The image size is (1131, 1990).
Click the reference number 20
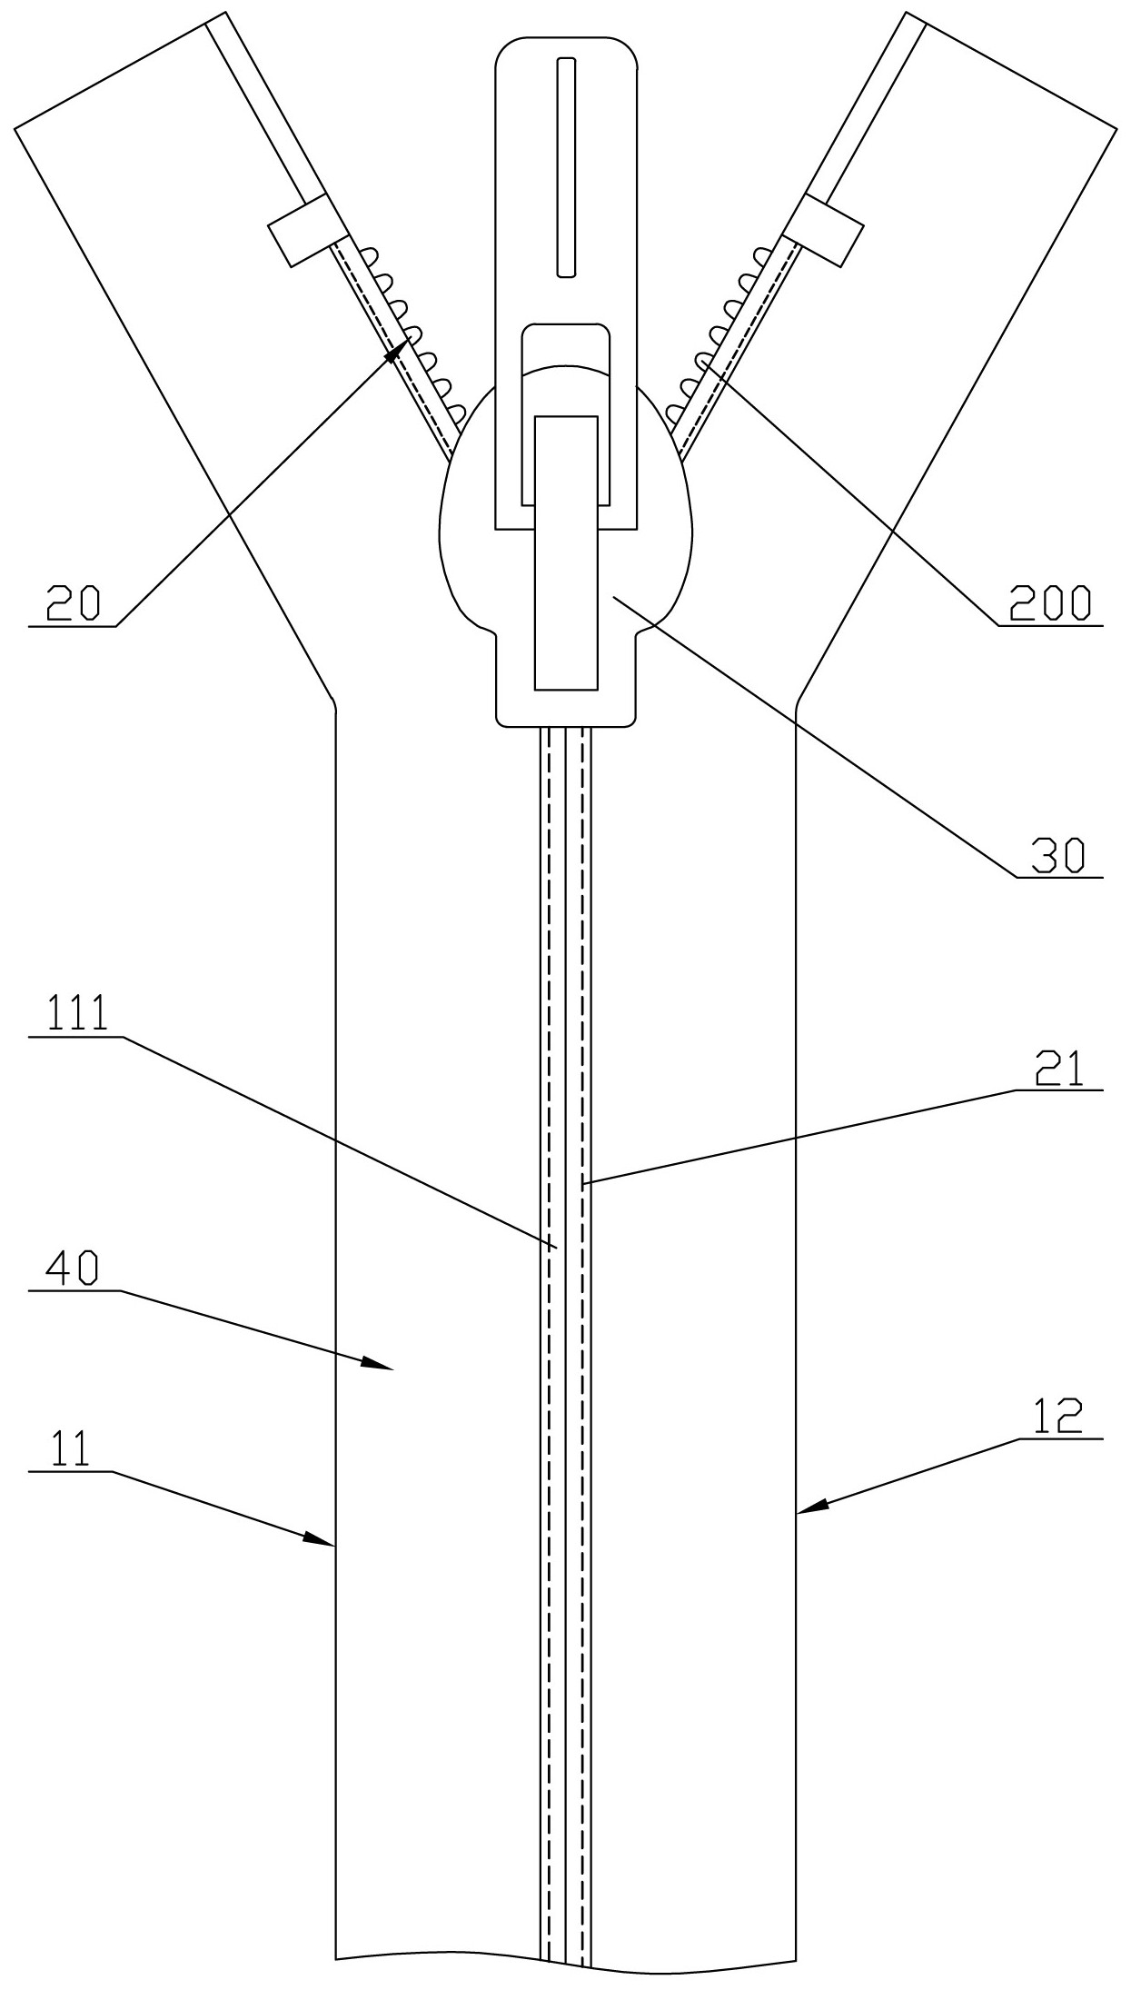(74, 604)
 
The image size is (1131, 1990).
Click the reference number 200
(1050, 604)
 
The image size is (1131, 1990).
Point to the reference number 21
(1059, 1070)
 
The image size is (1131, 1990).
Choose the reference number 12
(1058, 1418)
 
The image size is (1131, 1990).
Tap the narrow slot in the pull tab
(566, 166)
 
